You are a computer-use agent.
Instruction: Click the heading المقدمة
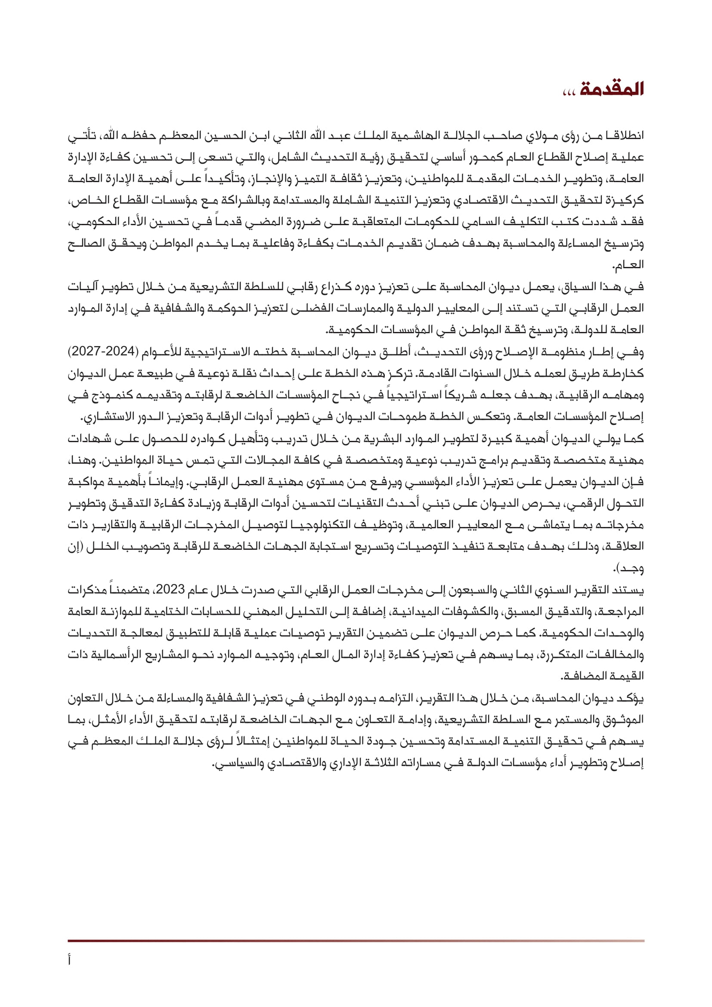point(612,89)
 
